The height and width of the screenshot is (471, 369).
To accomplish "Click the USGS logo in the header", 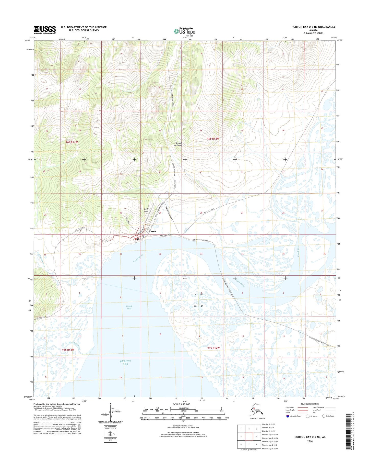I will coord(45,30).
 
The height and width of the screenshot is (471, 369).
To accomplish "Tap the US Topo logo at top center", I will coord(184,31).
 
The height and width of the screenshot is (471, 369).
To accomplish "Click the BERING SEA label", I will coord(125,362).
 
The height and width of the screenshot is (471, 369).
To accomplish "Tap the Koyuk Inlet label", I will coord(129,307).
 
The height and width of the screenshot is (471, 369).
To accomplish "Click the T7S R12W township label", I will coord(213,348).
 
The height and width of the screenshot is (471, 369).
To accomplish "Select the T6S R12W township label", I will coord(213,139).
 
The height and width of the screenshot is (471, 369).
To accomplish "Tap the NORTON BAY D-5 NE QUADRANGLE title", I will coord(313,27).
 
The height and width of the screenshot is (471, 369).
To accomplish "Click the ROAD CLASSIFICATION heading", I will coord(310,404).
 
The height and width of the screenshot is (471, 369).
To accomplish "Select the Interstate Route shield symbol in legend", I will coord(288,416).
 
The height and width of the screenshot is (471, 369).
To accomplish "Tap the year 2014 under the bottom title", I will coord(310,441).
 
